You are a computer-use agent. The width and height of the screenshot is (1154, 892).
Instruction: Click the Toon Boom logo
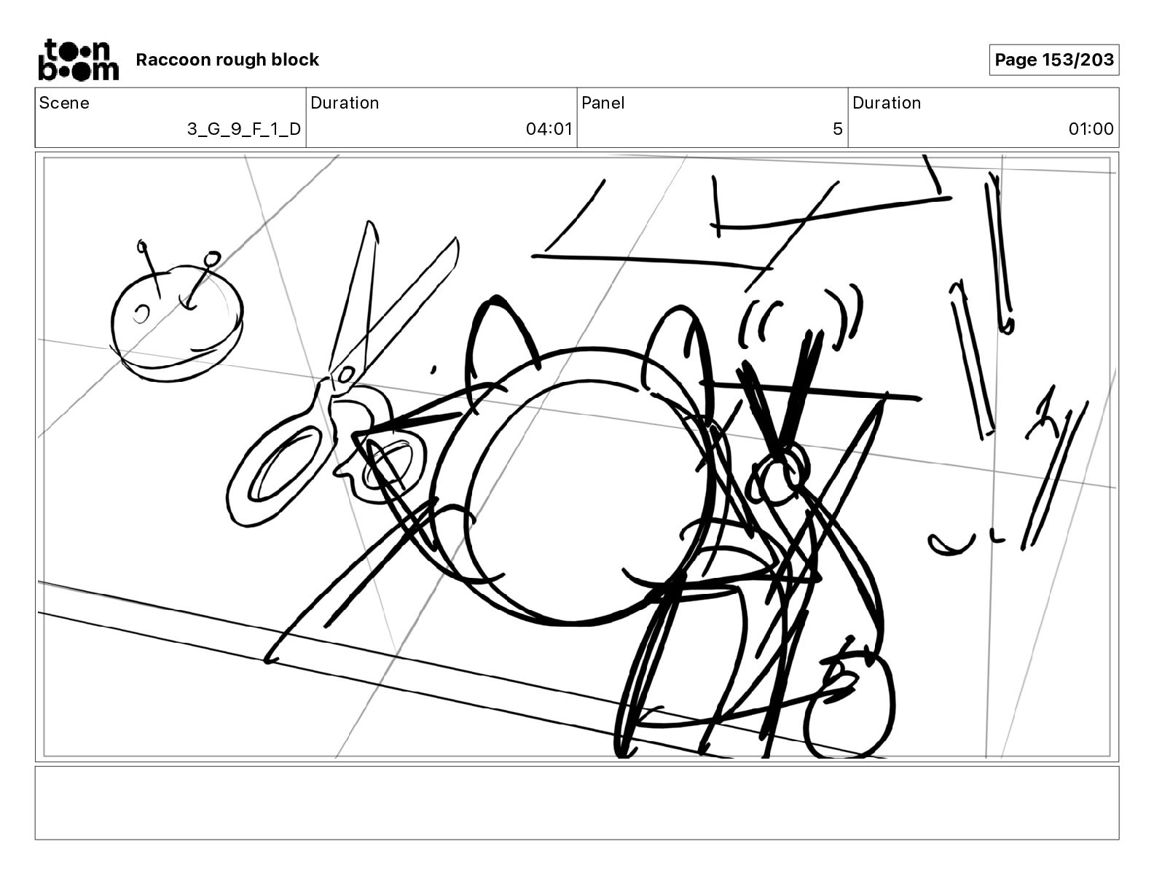79,60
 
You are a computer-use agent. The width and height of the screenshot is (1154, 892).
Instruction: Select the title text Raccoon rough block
227,60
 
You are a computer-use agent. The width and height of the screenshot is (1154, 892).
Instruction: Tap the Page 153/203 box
1053,60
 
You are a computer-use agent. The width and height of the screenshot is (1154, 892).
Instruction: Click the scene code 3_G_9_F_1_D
244,129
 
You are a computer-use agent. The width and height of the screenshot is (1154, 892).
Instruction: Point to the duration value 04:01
549,129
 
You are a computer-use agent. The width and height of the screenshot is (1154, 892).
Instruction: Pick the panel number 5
838,129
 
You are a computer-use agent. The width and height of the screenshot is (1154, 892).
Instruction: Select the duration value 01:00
1091,129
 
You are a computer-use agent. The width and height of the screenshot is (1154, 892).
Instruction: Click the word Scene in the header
64,103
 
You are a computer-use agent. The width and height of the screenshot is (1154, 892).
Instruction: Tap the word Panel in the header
602,103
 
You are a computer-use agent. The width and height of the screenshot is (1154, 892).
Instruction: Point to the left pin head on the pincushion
142,246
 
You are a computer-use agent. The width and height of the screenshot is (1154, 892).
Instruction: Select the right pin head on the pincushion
213,258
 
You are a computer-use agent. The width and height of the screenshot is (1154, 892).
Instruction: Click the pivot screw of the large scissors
346,375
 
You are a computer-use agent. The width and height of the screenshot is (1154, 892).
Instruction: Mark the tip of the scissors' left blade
368,222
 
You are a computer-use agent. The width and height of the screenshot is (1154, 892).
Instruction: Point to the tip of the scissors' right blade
455,238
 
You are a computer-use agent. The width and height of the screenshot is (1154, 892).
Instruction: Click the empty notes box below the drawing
577,803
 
